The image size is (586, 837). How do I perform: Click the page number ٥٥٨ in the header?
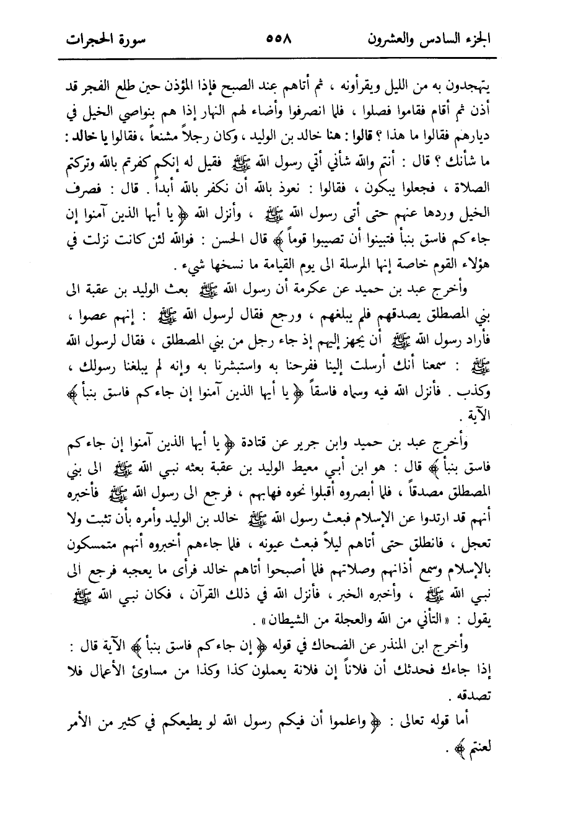click(x=281, y=37)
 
